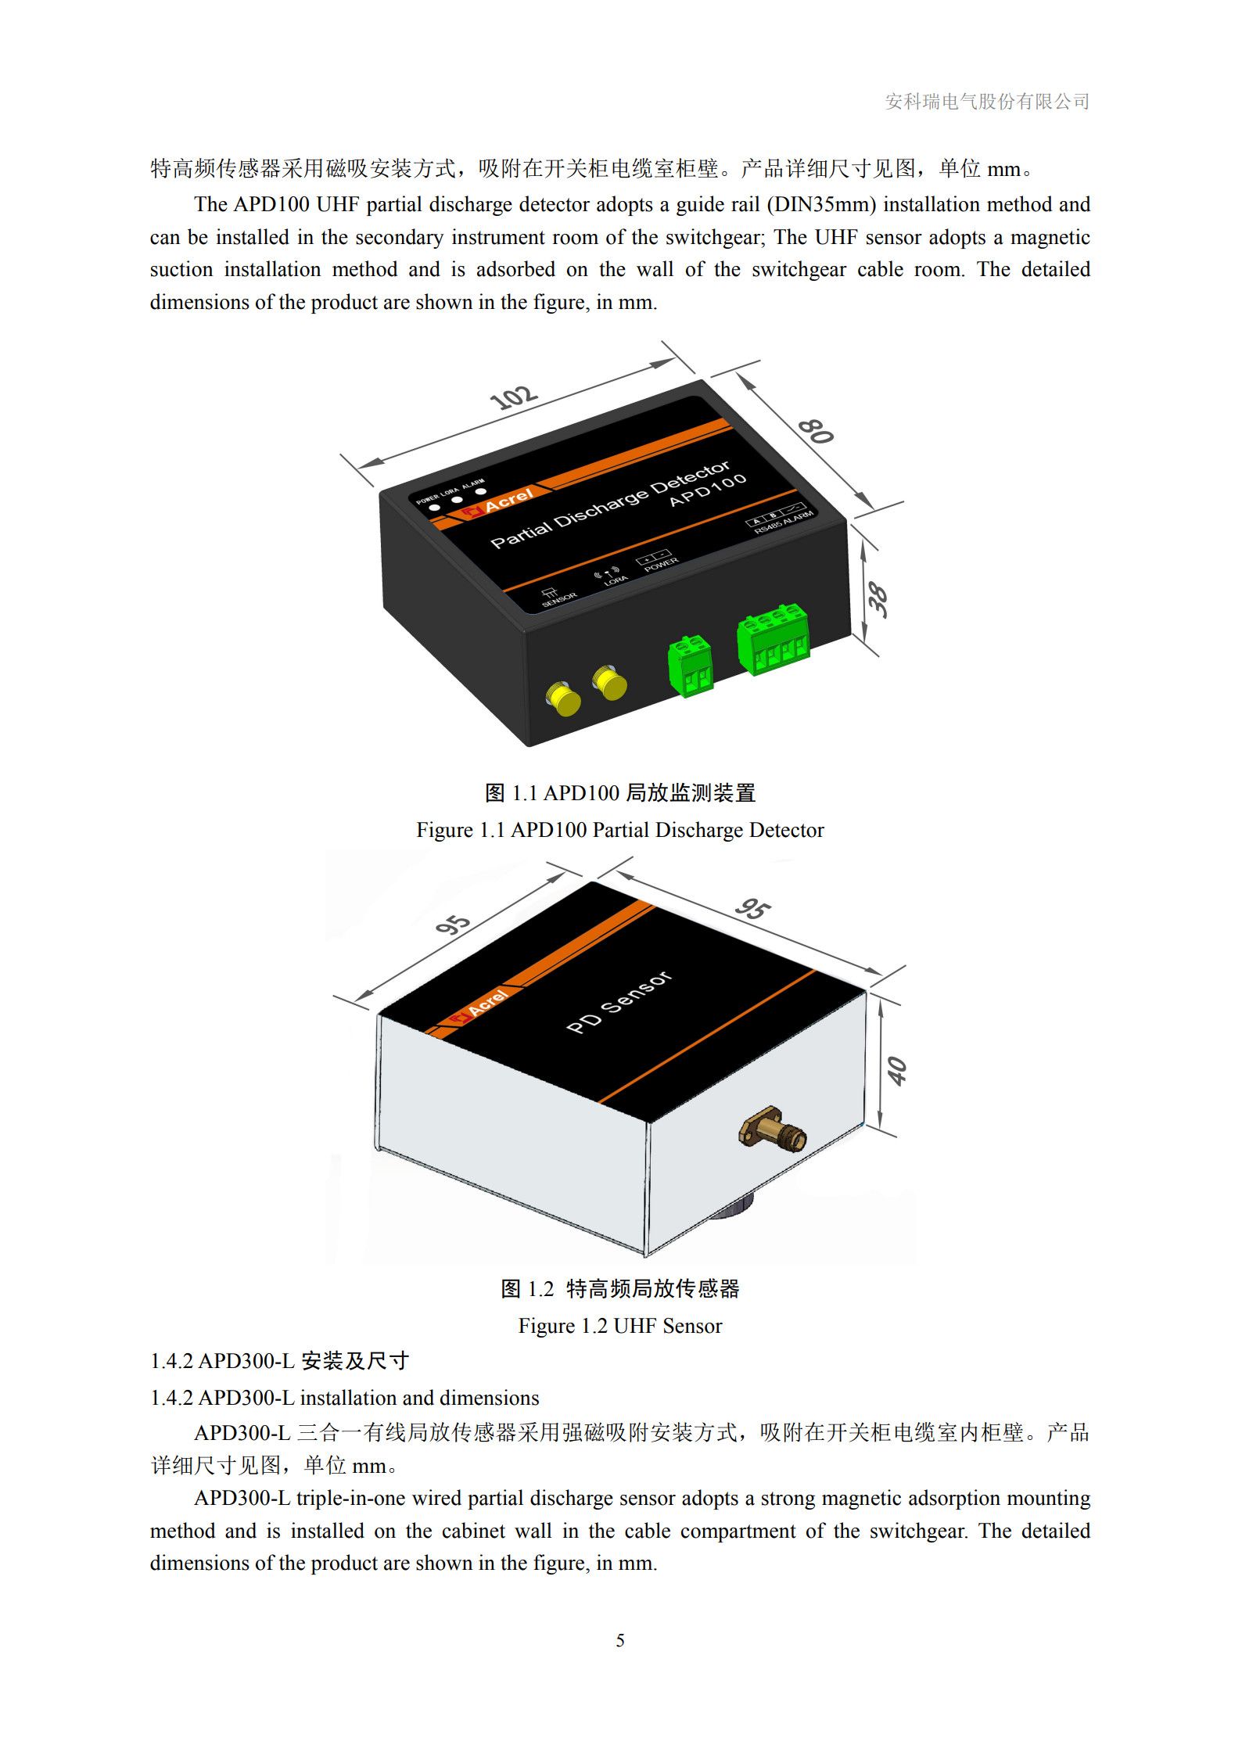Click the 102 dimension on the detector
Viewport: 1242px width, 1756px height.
513,397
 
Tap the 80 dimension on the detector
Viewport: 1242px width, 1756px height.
816,431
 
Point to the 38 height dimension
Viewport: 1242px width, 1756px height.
878,600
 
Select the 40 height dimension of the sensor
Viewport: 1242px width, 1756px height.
898,1071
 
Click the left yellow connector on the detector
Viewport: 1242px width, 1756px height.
563,698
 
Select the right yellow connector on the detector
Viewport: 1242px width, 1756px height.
609,682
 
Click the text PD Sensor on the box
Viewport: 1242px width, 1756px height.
619,1002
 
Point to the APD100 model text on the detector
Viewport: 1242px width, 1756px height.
709,490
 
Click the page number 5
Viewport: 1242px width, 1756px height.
620,1640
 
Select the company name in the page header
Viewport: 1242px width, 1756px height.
987,102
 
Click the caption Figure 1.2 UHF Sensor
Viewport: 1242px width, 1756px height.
620,1326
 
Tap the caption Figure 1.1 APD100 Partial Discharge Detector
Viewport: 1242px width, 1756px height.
620,830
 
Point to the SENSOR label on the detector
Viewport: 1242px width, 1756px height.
558,598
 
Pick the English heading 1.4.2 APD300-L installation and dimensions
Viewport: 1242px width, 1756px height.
345,1398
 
